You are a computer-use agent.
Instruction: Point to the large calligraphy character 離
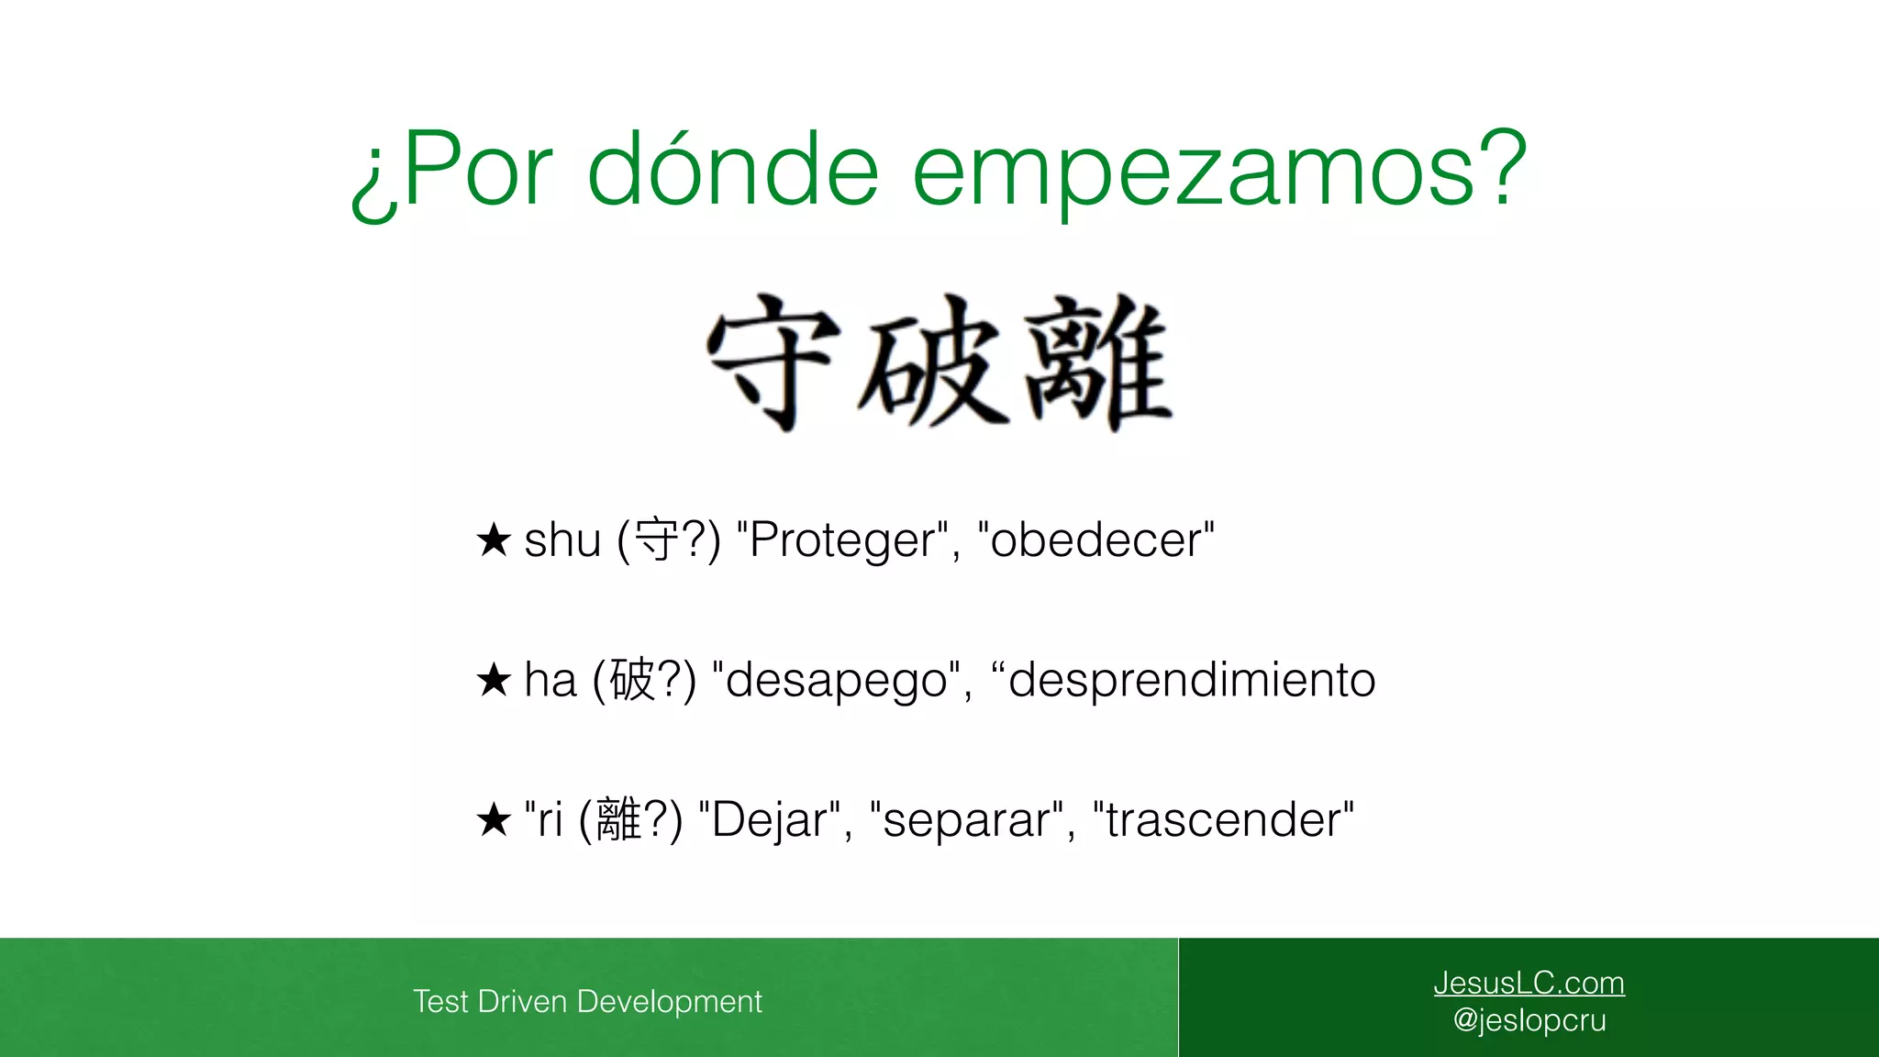(1097, 362)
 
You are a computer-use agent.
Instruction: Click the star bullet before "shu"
(494, 540)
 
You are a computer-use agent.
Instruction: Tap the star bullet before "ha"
(494, 680)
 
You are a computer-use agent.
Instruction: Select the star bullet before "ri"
(494, 819)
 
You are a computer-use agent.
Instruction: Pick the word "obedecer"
(1095, 540)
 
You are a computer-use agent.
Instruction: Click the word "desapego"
(835, 681)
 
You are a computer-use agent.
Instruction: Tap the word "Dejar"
(769, 820)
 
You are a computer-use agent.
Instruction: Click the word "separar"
(966, 820)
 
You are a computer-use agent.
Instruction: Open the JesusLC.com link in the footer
(1529, 983)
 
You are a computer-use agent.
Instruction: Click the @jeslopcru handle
(1529, 1020)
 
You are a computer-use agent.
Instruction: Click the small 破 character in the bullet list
(632, 680)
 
